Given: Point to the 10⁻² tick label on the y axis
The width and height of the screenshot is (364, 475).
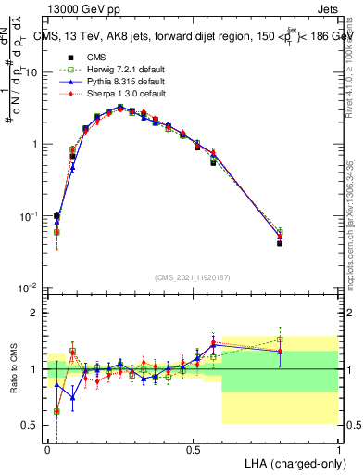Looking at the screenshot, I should click(30, 288).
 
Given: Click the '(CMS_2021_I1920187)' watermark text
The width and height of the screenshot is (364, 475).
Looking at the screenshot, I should click(193, 276).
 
